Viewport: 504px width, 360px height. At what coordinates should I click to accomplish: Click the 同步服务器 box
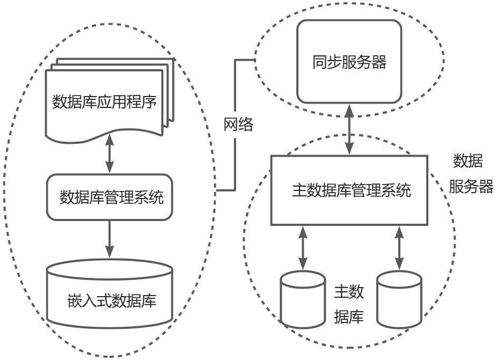point(349,61)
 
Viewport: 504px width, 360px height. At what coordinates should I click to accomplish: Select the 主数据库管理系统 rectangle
point(349,190)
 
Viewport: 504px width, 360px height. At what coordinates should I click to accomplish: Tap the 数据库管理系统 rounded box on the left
point(111,197)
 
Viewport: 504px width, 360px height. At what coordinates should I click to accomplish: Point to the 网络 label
point(238,126)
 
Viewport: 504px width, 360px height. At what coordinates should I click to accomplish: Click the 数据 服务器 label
point(470,174)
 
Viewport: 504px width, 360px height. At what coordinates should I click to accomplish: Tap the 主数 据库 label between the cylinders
point(349,304)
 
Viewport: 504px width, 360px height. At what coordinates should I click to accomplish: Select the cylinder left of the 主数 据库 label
point(303,299)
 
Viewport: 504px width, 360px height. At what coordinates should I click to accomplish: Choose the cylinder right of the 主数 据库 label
point(399,299)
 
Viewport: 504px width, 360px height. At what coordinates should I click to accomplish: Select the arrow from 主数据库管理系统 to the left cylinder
point(303,247)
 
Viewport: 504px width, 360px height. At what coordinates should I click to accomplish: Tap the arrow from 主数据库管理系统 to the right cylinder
point(399,247)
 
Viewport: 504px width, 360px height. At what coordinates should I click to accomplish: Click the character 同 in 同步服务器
point(319,62)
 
